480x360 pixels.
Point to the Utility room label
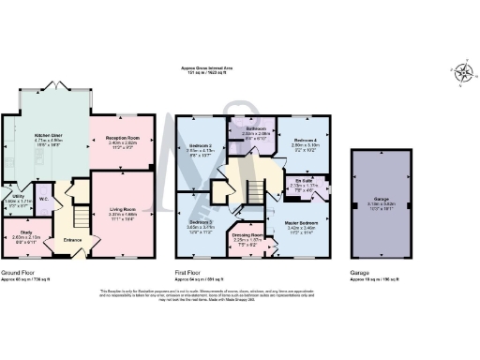(12, 198)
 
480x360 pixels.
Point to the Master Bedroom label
(305, 222)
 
